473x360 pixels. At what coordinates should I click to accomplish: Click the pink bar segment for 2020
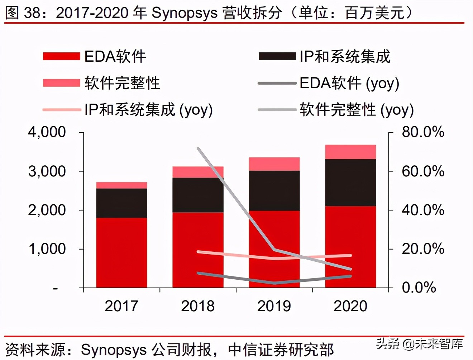[350, 152]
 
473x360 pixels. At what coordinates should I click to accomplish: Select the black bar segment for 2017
[121, 203]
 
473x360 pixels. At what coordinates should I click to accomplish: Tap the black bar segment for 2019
[274, 190]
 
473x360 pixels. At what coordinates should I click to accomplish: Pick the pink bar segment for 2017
[121, 185]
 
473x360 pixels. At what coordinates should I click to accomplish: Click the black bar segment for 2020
[350, 183]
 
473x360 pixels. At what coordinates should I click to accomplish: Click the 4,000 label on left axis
[47, 132]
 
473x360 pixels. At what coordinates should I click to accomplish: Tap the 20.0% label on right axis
[423, 249]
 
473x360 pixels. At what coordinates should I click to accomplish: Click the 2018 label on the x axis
[198, 306]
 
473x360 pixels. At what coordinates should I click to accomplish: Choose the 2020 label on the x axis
[350, 306]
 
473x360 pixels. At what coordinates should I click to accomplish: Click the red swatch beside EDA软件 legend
[61, 57]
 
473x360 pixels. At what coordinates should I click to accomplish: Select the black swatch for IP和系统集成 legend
[277, 57]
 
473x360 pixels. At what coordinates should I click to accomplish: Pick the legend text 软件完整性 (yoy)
[357, 110]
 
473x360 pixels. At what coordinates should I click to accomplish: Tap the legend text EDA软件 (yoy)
[349, 83]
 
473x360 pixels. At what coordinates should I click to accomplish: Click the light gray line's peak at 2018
[198, 148]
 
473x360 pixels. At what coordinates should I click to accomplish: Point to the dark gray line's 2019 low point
[274, 283]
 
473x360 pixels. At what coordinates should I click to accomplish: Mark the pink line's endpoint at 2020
[350, 255]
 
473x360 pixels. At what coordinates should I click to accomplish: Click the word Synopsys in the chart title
[185, 13]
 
